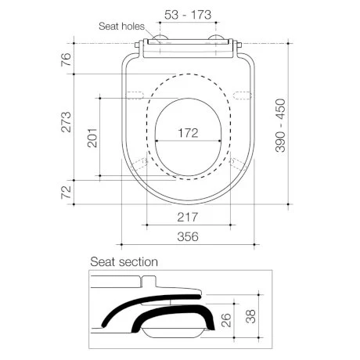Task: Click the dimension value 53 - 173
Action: point(188,15)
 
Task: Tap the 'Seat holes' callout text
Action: point(121,27)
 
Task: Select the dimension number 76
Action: point(66,59)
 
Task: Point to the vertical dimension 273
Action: point(66,122)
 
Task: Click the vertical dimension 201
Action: point(92,138)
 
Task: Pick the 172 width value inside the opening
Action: point(188,133)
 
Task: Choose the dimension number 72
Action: point(66,193)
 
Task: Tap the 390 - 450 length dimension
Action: point(280,125)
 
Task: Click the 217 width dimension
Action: point(188,217)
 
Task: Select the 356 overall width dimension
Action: point(188,237)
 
